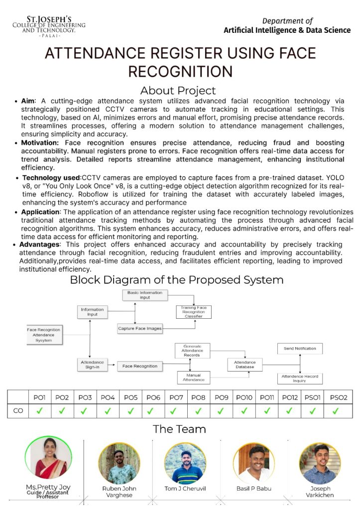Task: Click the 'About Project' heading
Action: coord(178,91)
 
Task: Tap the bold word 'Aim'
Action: coord(28,101)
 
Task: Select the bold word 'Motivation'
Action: coord(39,143)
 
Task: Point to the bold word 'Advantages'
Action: coord(39,245)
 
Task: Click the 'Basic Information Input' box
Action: coord(145,295)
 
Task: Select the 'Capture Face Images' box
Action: coord(140,328)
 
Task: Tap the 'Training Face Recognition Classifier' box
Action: coord(194,312)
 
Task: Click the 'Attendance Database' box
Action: coord(245,365)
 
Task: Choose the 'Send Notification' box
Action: coord(300,349)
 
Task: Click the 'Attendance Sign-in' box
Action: coord(92,365)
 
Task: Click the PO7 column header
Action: coord(176,397)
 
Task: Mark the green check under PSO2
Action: coord(335,411)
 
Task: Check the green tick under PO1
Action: coord(39,411)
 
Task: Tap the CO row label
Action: coord(17,411)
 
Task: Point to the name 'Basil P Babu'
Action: coord(254,489)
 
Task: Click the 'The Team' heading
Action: coord(179,429)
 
